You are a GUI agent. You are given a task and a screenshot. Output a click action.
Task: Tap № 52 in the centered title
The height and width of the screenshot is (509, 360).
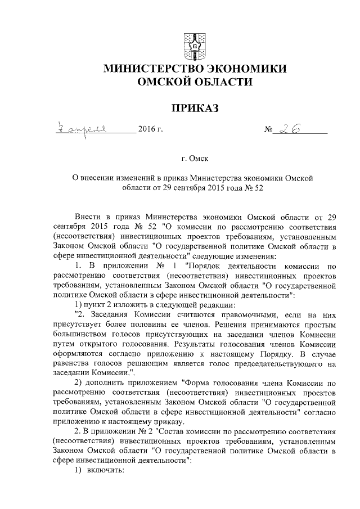tap(253, 188)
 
